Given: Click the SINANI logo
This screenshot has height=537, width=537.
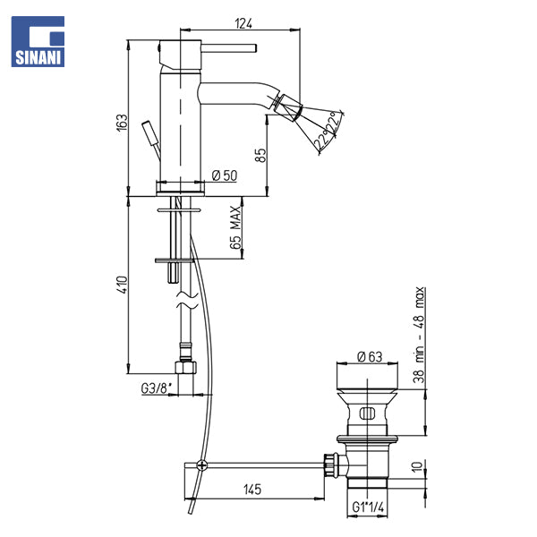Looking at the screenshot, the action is pos(38,41).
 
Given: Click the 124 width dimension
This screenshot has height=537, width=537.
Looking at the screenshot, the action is pos(243,23).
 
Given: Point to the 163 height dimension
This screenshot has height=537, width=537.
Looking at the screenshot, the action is pos(122,122).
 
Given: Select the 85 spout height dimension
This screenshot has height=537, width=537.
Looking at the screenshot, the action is pos(260,155).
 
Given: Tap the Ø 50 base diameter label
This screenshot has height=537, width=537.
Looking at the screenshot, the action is pos(225,175).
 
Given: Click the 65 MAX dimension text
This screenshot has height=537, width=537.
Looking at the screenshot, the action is pos(235,227).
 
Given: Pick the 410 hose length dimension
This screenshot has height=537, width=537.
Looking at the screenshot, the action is pos(122,285).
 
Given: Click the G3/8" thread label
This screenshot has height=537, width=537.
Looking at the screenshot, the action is pos(156,388).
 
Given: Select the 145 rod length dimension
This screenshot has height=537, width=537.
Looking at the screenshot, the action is pos(252,489).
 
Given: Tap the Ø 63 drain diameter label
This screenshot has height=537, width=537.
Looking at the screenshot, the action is pos(370,357).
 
